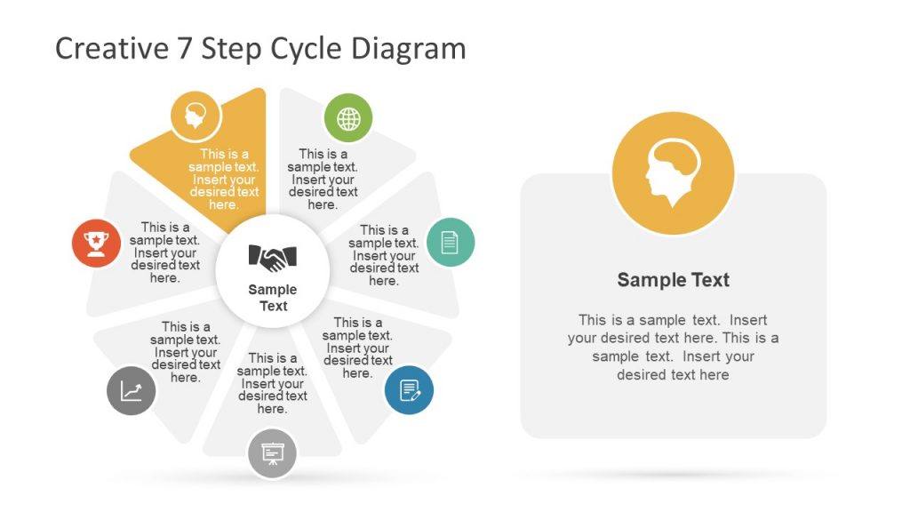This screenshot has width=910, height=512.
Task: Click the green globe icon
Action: (x=348, y=118)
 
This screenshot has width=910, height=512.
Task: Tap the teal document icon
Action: (x=451, y=242)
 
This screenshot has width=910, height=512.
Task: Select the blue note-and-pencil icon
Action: (x=409, y=390)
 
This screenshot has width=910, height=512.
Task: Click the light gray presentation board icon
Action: (x=272, y=454)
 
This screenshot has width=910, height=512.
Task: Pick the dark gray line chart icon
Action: (x=132, y=390)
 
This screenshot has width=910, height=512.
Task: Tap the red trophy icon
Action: (x=96, y=243)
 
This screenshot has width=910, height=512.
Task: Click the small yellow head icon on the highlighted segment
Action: (x=196, y=116)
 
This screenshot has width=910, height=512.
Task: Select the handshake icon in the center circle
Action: (x=273, y=258)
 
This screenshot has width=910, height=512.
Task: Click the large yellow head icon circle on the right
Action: (x=673, y=173)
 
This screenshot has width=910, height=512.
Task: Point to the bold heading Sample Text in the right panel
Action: (x=673, y=280)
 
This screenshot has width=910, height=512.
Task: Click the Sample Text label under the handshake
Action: (x=273, y=298)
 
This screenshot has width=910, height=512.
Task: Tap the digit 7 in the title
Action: (x=184, y=48)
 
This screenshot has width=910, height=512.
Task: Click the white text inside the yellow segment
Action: (x=224, y=180)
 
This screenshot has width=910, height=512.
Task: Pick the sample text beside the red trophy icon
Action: (x=165, y=252)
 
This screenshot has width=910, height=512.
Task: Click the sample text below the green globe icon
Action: (x=323, y=180)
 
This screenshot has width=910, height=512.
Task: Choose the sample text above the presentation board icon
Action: (x=272, y=383)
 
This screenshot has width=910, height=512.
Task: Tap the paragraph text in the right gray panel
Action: (x=673, y=348)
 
